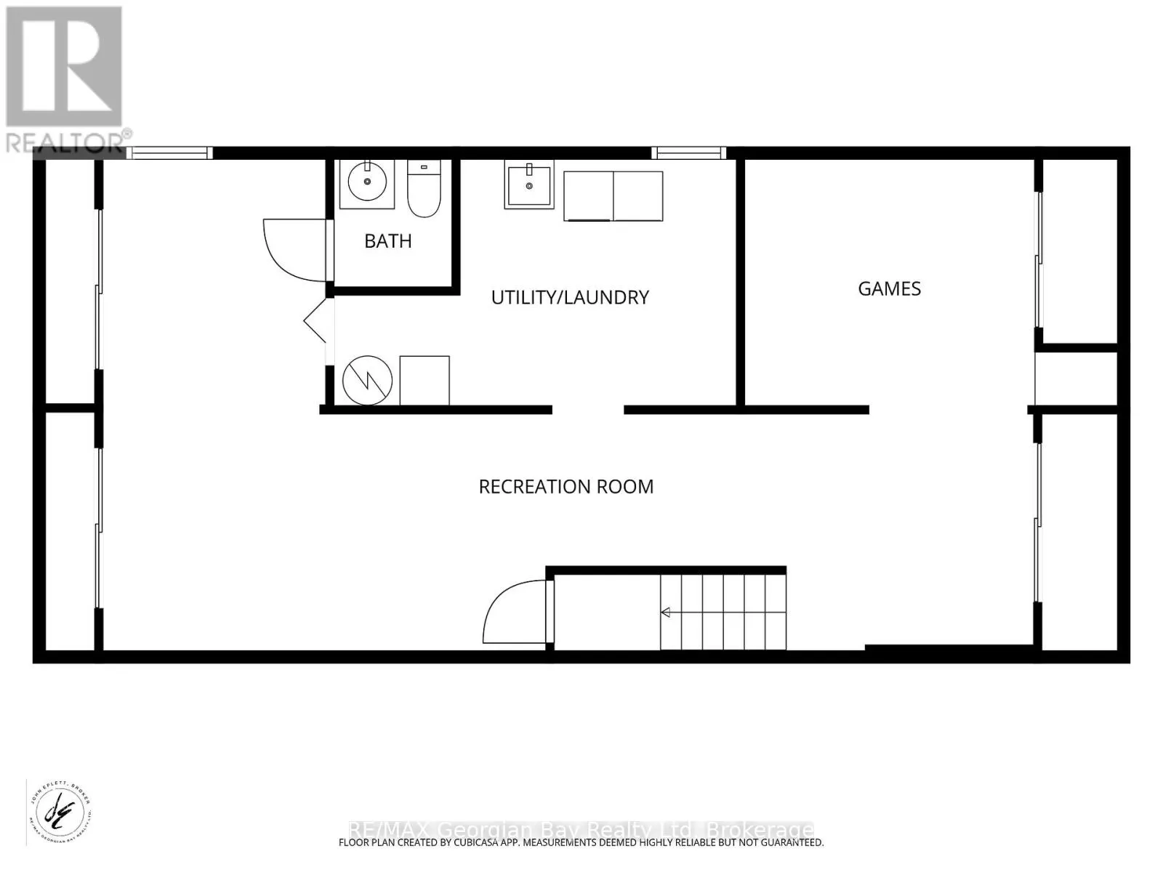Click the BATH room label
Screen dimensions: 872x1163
tap(388, 241)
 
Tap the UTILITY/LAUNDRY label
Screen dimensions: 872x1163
tap(570, 297)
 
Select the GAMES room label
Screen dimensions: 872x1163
tap(889, 289)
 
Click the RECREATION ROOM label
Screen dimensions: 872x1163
tap(566, 487)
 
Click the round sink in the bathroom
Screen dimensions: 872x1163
tap(367, 182)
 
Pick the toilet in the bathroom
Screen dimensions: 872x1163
tap(424, 190)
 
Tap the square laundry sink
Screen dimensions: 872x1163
tap(528, 186)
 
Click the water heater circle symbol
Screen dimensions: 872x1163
tap(368, 380)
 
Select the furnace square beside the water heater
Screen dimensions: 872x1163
tap(424, 380)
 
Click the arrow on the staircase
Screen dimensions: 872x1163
tap(666, 613)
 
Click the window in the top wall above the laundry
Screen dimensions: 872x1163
tap(688, 153)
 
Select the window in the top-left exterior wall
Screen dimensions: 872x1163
tap(169, 153)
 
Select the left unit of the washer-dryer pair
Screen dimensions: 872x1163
tap(589, 196)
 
